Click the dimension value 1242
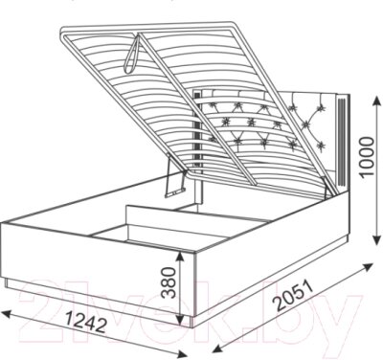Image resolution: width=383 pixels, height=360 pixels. click(86, 322)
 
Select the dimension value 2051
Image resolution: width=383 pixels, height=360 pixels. click(293, 296)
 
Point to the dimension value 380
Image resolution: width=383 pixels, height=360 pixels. click(169, 282)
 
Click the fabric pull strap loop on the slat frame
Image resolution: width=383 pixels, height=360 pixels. click(132, 55)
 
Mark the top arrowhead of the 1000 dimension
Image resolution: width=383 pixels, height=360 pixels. click(376, 101)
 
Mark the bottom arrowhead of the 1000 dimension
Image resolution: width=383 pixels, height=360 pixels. click(377, 239)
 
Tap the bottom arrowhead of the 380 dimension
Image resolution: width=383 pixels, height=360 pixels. click(181, 319)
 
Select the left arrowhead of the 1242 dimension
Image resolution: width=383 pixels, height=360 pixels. click(7, 314)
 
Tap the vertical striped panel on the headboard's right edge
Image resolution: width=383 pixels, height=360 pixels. click(342, 140)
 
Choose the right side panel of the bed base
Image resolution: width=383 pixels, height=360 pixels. click(271, 252)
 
